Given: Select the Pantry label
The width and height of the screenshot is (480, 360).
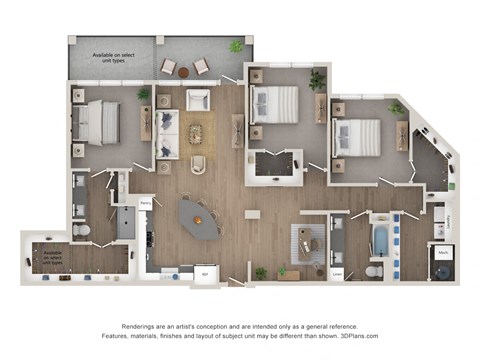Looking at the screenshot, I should (145, 202).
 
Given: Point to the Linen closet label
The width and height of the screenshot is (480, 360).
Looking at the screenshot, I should (337, 274).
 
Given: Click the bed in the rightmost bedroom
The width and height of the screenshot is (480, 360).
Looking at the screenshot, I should (358, 136).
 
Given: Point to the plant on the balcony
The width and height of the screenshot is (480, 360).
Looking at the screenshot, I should (236, 46).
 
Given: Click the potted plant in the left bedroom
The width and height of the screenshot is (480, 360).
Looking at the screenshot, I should (144, 94).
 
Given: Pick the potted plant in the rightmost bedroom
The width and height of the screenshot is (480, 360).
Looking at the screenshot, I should (396, 107).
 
